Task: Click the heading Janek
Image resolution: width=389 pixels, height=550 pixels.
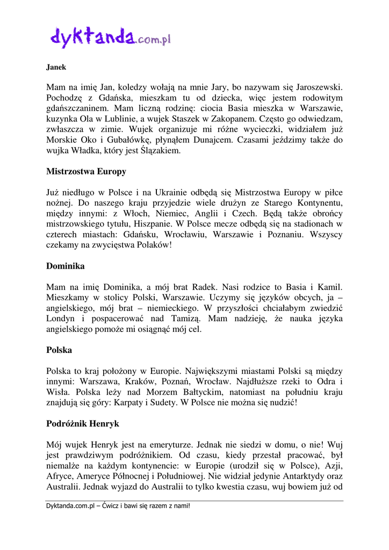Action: pyautogui.click(x=56, y=68)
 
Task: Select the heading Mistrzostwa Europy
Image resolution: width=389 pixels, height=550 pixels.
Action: pyautogui.click(x=87, y=172)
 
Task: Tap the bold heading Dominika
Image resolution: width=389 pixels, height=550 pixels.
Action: pyautogui.click(x=66, y=266)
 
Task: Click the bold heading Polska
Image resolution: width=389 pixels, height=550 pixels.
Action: pyautogui.click(x=59, y=350)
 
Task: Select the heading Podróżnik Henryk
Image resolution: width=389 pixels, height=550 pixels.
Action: pyautogui.click(x=83, y=424)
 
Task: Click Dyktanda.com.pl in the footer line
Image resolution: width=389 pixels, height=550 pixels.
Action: pyautogui.click(x=70, y=506)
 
